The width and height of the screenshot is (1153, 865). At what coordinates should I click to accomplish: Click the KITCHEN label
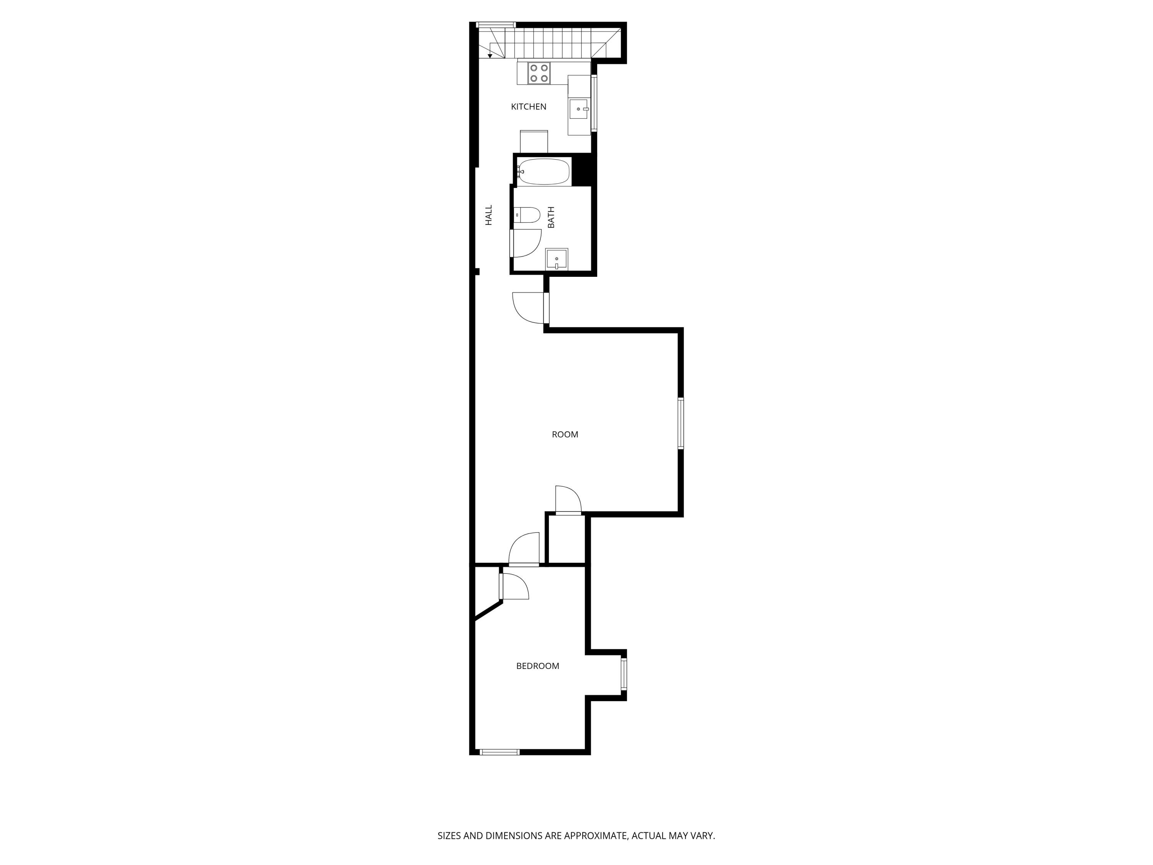click(x=528, y=107)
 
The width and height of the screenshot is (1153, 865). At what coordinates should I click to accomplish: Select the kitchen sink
click(x=578, y=110)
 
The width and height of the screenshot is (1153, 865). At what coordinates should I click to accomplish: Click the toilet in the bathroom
click(x=527, y=215)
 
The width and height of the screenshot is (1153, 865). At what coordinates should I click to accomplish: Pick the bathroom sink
click(x=557, y=259)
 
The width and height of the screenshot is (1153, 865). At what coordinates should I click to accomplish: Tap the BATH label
click(x=551, y=218)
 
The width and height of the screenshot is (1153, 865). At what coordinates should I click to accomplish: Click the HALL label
click(x=488, y=215)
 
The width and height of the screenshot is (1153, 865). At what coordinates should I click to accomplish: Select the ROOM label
click(x=565, y=434)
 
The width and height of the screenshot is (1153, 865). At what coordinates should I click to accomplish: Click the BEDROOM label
click(x=537, y=666)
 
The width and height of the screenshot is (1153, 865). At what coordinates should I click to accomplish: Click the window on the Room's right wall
click(x=681, y=423)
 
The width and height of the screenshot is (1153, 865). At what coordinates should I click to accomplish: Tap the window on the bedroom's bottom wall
click(x=499, y=752)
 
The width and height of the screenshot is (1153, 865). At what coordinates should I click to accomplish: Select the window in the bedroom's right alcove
click(x=623, y=675)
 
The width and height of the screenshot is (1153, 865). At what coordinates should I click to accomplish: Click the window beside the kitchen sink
click(x=594, y=103)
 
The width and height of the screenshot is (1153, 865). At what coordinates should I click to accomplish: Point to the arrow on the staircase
click(x=490, y=55)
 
